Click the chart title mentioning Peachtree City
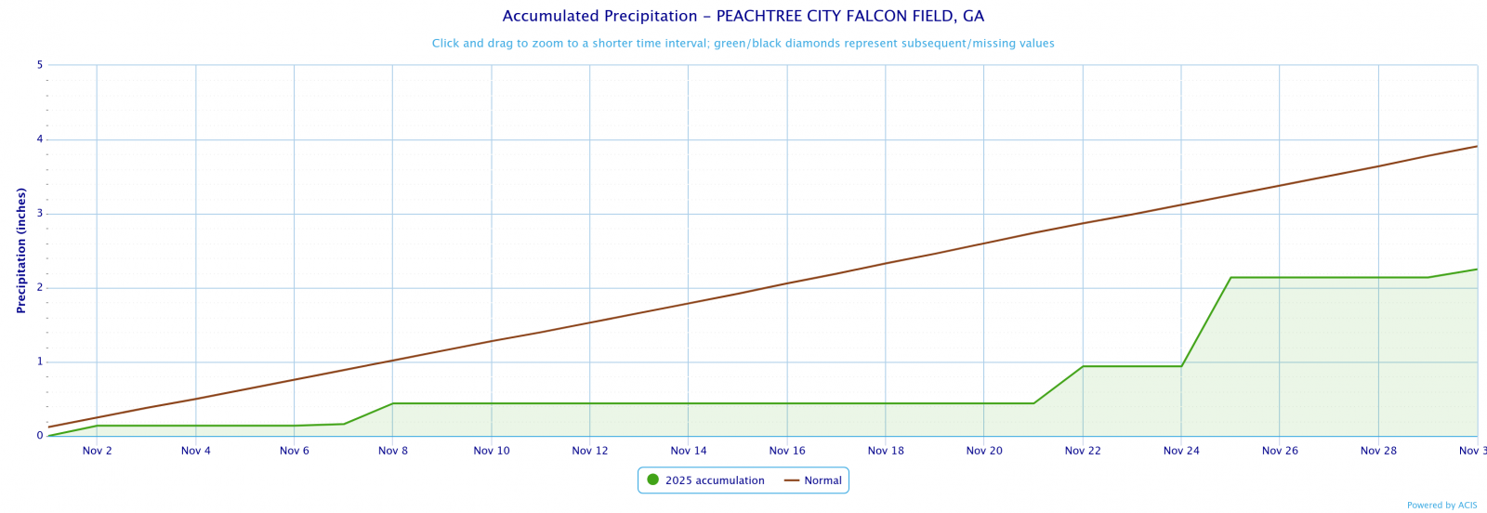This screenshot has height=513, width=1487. tap(743, 16)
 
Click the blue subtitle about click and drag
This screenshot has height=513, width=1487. tap(743, 44)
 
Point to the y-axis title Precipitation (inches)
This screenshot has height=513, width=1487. tap(21, 250)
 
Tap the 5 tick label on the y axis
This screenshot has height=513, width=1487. tap(40, 65)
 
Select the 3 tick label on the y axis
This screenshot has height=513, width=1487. tap(40, 214)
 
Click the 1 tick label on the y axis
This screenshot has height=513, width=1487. tap(40, 362)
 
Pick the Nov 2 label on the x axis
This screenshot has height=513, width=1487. tap(98, 451)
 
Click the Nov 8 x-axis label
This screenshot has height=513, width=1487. tap(393, 451)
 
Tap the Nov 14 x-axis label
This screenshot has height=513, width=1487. tap(689, 451)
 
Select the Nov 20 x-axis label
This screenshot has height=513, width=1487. tap(984, 451)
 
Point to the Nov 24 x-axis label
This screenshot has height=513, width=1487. tap(1181, 451)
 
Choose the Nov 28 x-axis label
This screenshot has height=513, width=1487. tap(1378, 451)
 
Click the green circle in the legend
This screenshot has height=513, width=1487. tap(652, 480)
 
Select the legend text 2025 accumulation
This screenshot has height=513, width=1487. tap(715, 480)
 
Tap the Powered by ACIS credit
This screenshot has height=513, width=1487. tap(1441, 506)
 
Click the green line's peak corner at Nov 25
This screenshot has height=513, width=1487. tap(1230, 277)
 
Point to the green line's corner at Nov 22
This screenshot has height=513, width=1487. tap(1083, 366)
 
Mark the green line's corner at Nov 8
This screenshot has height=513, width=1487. tap(393, 403)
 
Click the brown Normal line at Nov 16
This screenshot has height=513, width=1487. tap(787, 283)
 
